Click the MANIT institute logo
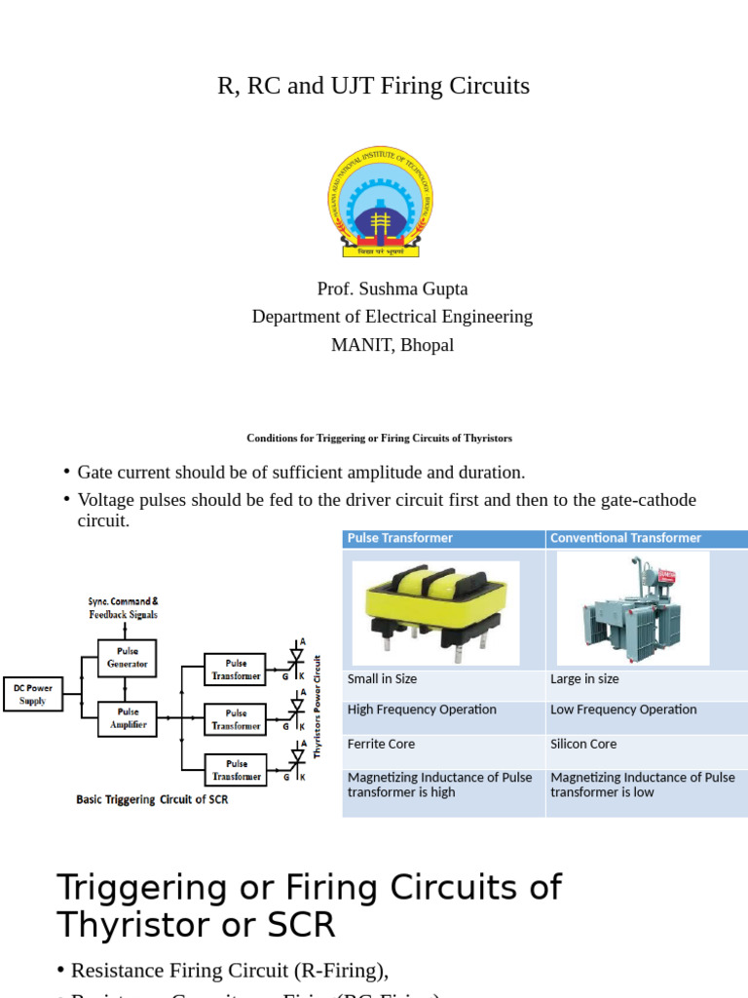pyautogui.click(x=380, y=201)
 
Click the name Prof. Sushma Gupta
pyautogui.click(x=393, y=289)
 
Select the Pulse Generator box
pyautogui.click(x=127, y=657)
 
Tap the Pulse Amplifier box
pyautogui.click(x=127, y=718)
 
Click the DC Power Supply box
pyautogui.click(x=32, y=694)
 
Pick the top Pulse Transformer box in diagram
pyautogui.click(x=236, y=670)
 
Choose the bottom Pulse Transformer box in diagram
pyautogui.click(x=236, y=770)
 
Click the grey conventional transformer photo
pyautogui.click(x=632, y=608)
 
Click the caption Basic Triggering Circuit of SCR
pyautogui.click(x=152, y=800)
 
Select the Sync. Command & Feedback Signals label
pyautogui.click(x=123, y=608)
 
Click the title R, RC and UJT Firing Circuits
pyautogui.click(x=373, y=86)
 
